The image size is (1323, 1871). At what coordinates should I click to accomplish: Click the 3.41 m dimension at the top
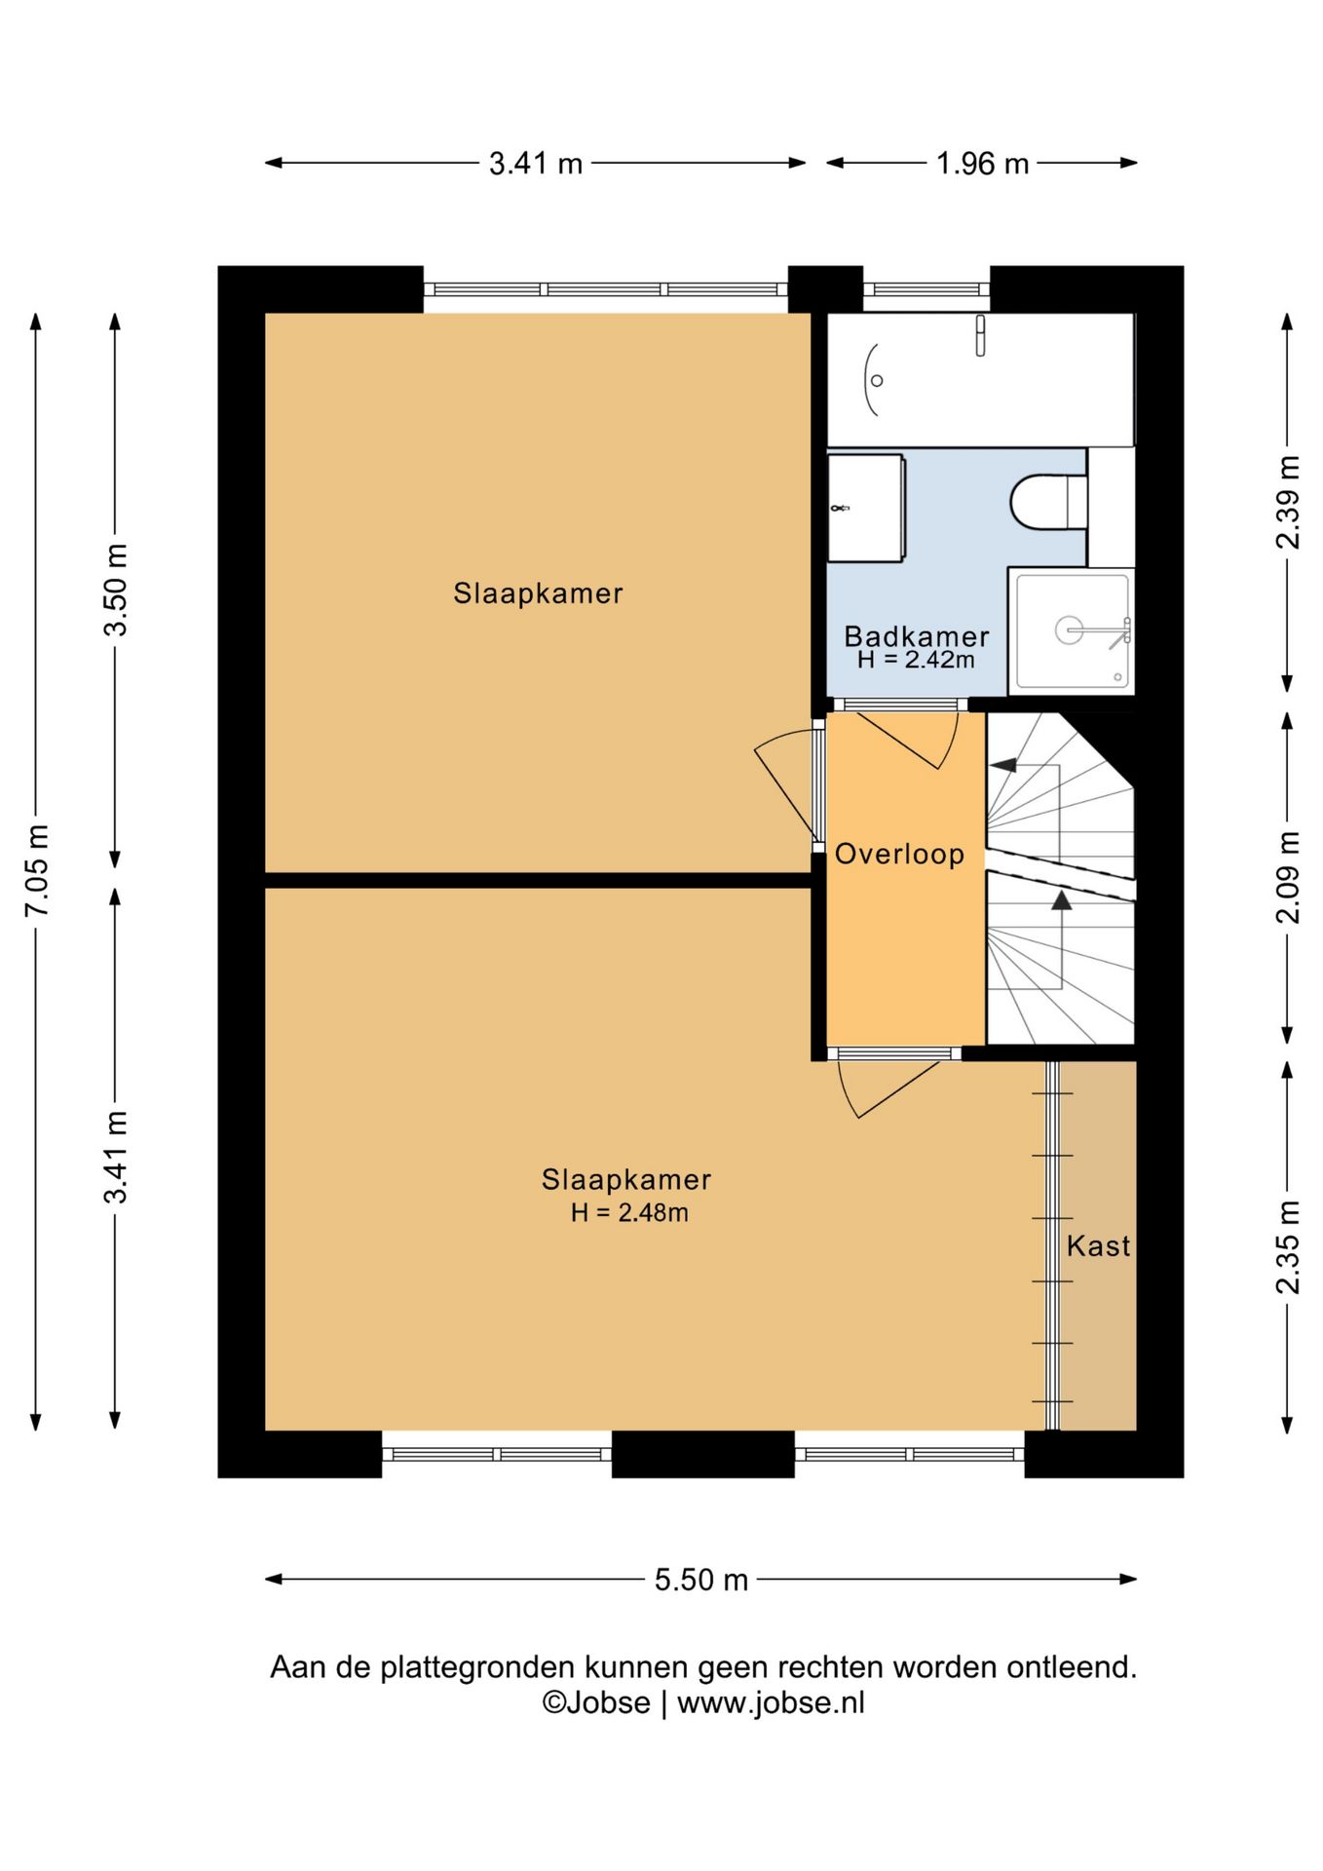coord(536,164)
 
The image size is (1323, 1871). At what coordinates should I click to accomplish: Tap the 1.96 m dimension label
coord(982,164)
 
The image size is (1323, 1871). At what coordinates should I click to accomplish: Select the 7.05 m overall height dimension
coord(37,870)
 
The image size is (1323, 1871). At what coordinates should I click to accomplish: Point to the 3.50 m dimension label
coord(116,590)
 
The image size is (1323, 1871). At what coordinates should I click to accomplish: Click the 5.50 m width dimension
coord(701,1580)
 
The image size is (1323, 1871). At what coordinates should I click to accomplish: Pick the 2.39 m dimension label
coord(1288,502)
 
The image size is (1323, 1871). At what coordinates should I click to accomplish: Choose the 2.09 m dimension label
coord(1288,877)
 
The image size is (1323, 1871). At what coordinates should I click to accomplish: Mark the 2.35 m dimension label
coord(1288,1247)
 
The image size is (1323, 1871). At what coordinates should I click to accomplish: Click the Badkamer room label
coord(917,636)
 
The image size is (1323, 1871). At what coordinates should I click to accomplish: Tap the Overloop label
coord(899,854)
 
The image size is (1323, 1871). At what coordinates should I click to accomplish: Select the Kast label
coord(1098,1245)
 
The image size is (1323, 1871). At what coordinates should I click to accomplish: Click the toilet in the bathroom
coord(1048,502)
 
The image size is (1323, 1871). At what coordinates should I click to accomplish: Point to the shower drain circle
coord(1070,630)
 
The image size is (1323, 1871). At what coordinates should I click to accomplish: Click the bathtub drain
coord(877,381)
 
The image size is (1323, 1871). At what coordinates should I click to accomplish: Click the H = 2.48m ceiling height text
coord(629,1213)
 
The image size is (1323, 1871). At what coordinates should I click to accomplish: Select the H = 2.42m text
coord(916,660)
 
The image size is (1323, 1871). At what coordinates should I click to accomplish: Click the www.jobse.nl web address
coord(771,1702)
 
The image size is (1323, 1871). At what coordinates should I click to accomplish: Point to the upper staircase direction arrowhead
coord(1003,765)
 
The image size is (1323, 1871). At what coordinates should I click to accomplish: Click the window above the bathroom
coord(926,289)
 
